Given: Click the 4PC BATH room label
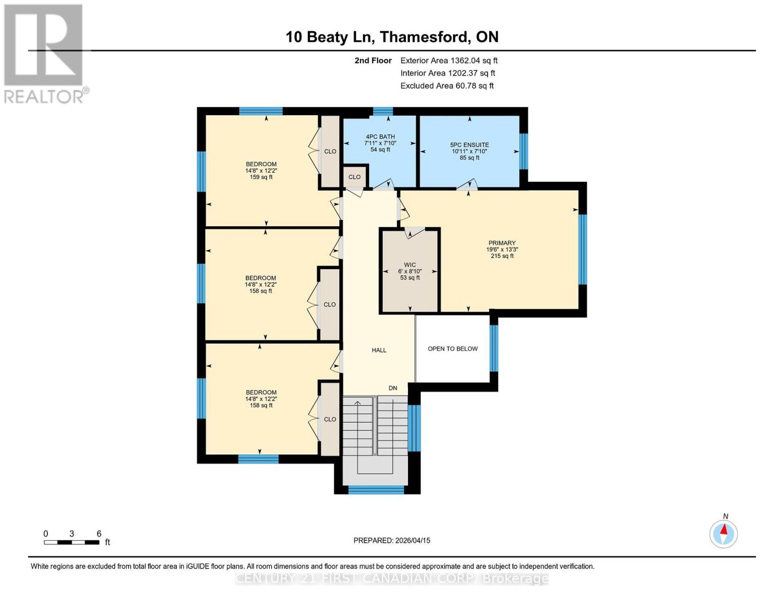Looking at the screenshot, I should click(380, 137).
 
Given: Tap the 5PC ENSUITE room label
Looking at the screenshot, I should click(469, 145).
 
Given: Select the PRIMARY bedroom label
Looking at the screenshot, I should click(502, 243).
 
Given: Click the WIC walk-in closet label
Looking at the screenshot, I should click(409, 265).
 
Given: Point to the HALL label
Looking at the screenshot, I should click(379, 350).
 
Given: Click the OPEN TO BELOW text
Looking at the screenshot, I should click(452, 349).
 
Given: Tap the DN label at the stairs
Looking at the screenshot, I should click(393, 388).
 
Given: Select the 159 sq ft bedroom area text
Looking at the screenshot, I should click(261, 177).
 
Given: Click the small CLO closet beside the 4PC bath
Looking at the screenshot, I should click(354, 177).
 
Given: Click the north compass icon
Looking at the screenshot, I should click(723, 533).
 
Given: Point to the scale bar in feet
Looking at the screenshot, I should click(71, 542).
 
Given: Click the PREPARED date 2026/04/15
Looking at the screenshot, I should click(392, 540).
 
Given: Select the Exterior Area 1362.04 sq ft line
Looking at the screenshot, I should click(449, 61).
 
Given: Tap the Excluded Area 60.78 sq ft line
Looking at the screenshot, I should click(447, 86).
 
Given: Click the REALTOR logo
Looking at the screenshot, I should click(44, 53).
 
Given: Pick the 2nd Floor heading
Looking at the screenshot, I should click(373, 61).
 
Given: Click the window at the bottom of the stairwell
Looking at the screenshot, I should click(376, 489).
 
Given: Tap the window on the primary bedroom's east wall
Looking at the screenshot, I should click(583, 249).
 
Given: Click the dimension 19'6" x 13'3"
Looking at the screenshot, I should click(502, 249).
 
